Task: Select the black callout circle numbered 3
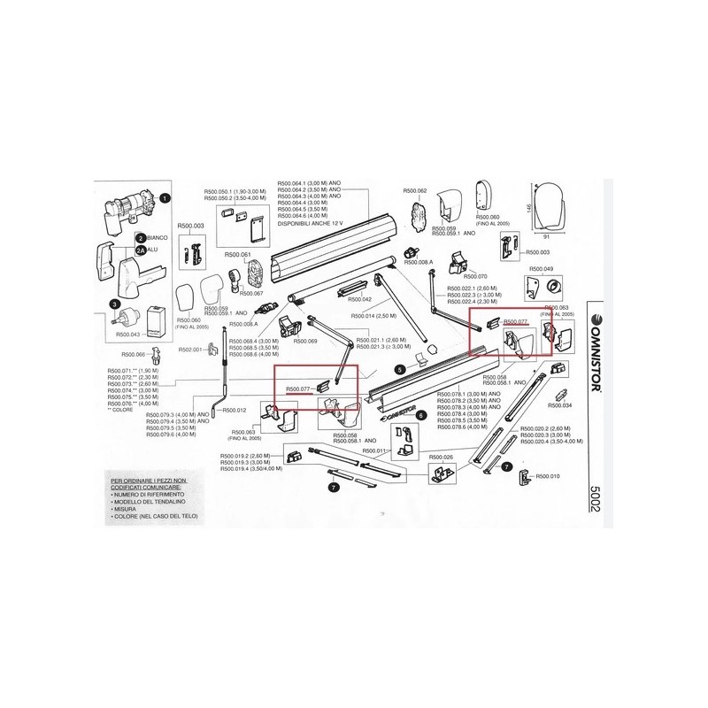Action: [114, 305]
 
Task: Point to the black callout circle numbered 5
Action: [400, 368]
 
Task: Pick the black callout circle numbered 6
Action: [420, 414]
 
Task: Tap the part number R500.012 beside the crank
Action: [234, 411]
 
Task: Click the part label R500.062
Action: [415, 191]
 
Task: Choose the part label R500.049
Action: [541, 268]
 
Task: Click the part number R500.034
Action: [560, 405]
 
